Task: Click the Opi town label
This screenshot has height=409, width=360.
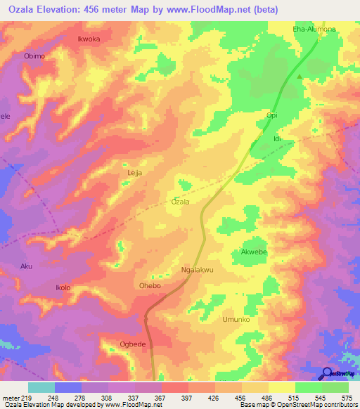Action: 272,115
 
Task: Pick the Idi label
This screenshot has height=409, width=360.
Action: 277,139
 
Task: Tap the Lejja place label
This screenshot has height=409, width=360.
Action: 134,172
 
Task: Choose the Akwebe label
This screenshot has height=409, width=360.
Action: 254,252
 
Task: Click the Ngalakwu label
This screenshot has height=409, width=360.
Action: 197,269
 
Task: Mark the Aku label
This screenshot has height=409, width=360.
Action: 27,266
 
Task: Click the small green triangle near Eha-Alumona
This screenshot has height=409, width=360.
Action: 300,77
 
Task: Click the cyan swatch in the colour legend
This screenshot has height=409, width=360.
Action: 41,387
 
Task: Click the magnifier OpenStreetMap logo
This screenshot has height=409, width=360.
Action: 326,373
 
